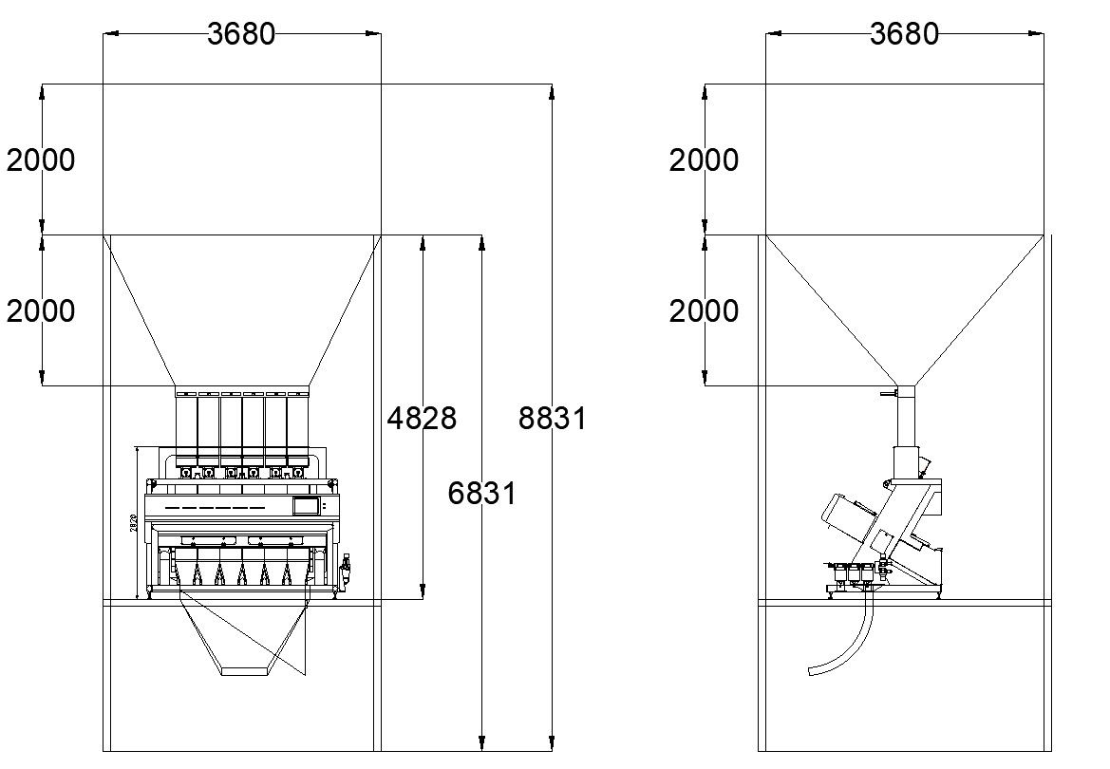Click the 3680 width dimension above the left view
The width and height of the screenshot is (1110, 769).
[x=241, y=34]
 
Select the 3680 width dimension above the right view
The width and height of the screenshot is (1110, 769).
[x=904, y=34]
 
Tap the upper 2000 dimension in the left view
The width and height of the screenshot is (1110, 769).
[x=41, y=160]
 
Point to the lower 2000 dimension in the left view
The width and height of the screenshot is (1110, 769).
[x=41, y=310]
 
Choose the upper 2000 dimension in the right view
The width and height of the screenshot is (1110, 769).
[x=704, y=160]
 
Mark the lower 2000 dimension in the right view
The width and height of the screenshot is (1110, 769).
[x=704, y=310]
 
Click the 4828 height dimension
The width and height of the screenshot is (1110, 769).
[x=423, y=418]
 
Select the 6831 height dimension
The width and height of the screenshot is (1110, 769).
[x=482, y=494]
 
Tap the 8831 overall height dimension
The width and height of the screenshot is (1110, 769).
[x=553, y=418]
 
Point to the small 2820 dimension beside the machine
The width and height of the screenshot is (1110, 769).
[x=135, y=521]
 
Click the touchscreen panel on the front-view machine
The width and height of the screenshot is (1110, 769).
[x=307, y=506]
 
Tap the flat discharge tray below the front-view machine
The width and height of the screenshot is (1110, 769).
[x=245, y=671]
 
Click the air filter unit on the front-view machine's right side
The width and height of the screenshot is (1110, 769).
[x=346, y=569]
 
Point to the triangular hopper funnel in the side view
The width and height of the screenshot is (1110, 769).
[x=905, y=304]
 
